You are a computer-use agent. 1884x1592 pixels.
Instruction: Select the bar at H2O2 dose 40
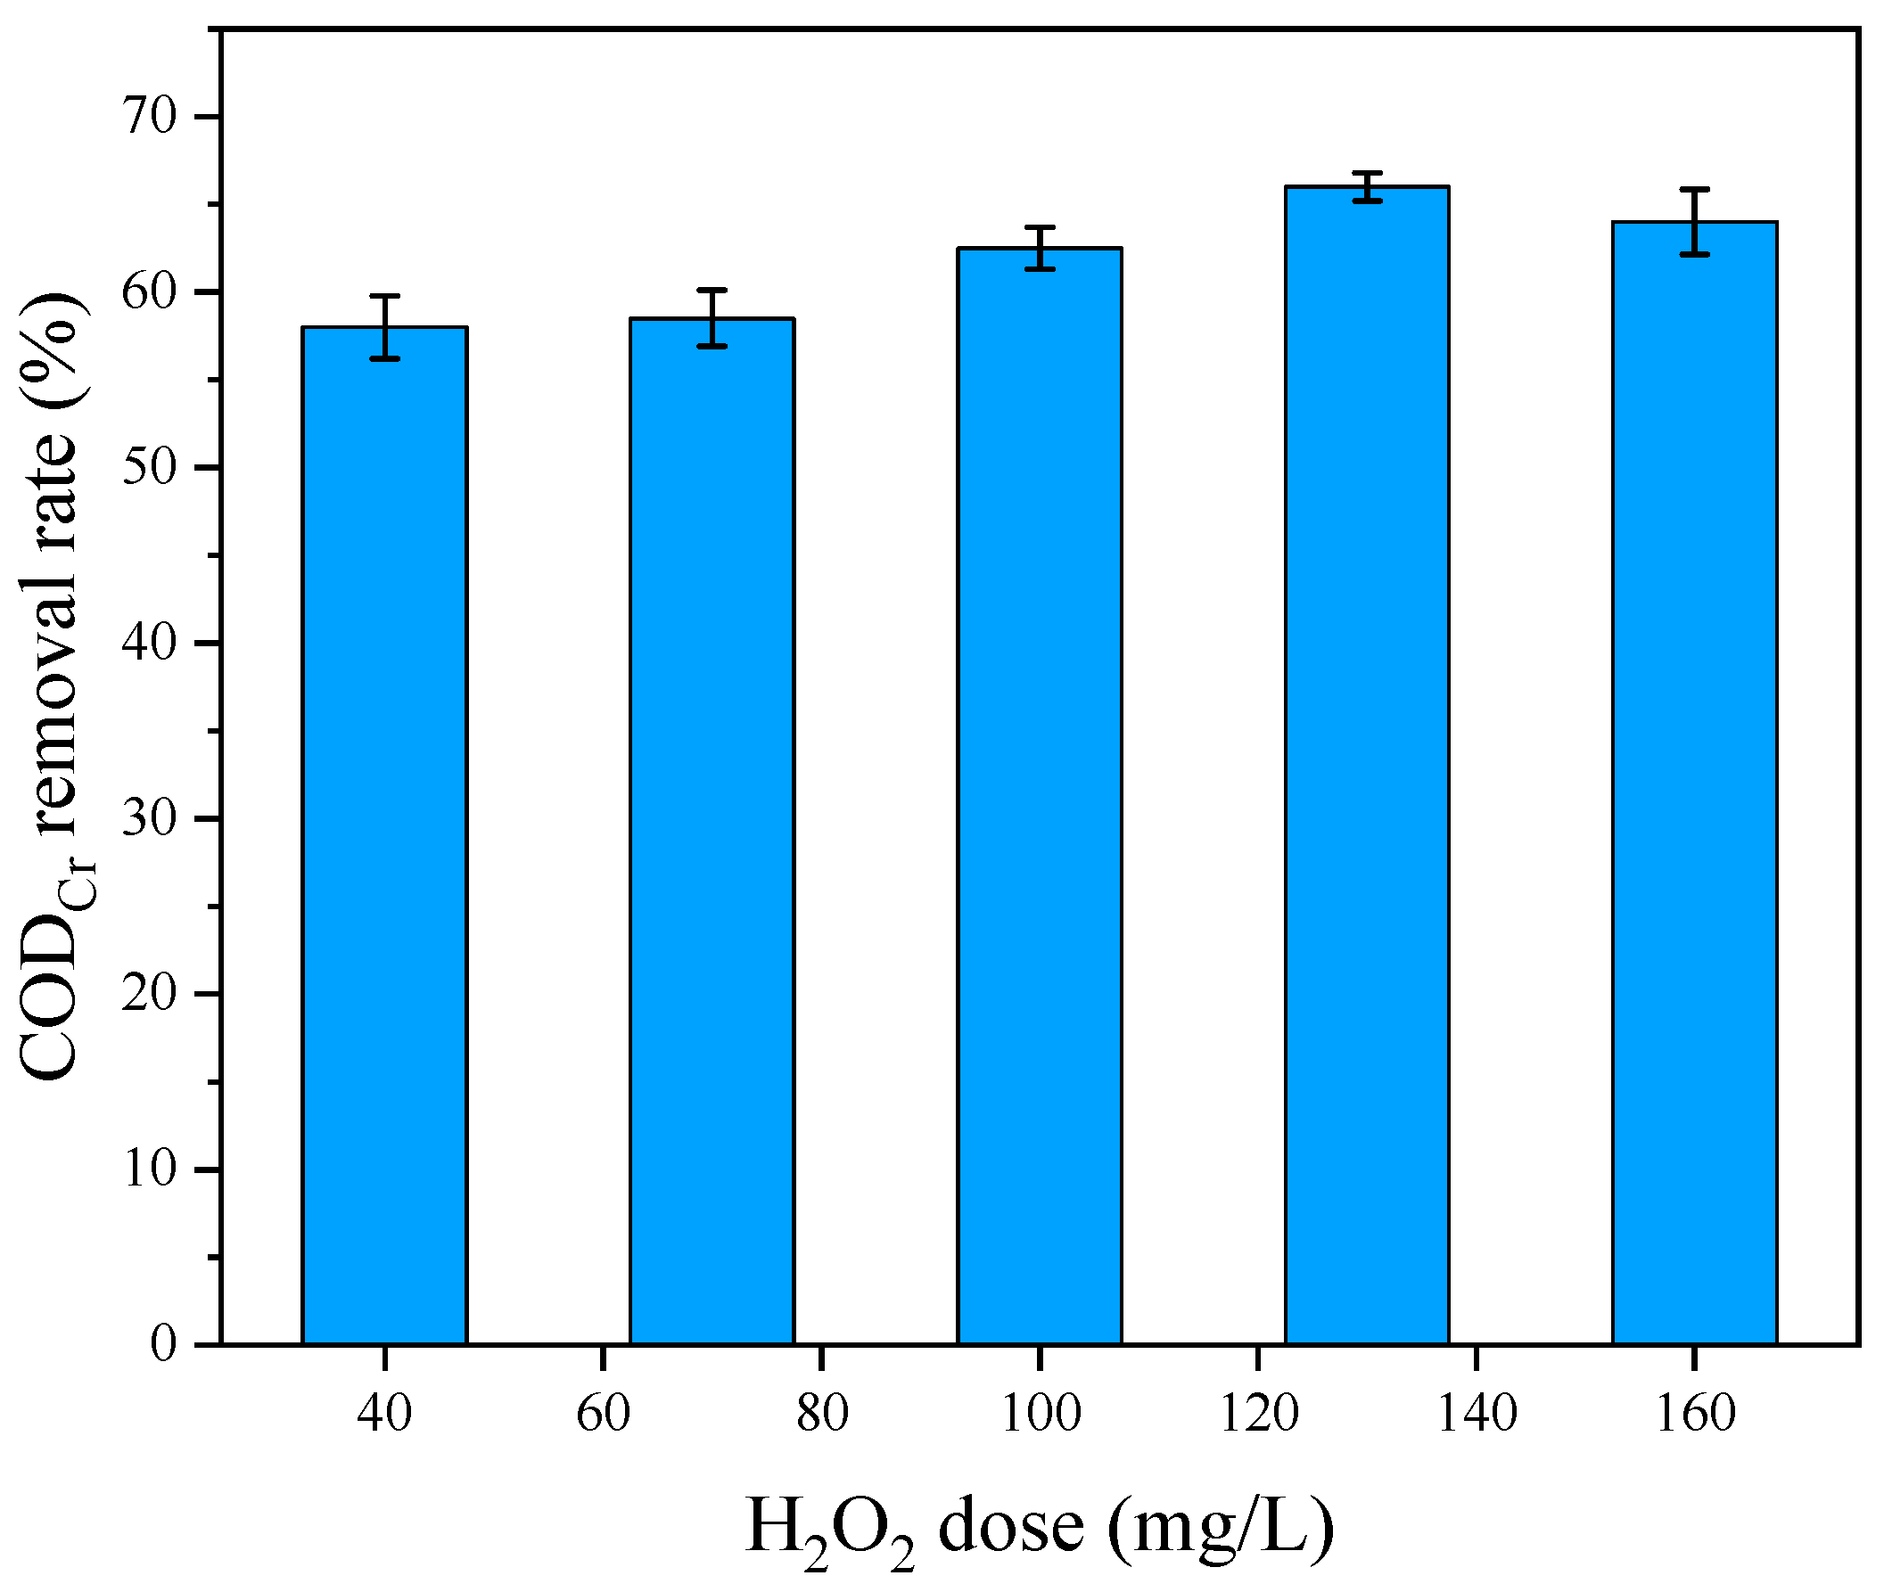point(384,835)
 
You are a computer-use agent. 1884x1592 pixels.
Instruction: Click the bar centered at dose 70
point(712,830)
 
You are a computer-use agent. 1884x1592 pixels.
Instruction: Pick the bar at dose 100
point(1040,794)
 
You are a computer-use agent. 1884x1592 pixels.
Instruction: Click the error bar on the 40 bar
point(384,328)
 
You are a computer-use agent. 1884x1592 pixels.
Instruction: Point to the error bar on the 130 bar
point(1367,187)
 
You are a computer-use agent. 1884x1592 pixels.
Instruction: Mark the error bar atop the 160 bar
point(1694,222)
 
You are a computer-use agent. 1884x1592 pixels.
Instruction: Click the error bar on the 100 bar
point(1040,248)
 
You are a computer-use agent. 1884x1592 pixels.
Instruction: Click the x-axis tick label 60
point(603,1415)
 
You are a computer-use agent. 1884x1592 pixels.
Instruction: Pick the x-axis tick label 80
point(821,1415)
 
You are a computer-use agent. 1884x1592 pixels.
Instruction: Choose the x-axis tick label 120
point(1258,1415)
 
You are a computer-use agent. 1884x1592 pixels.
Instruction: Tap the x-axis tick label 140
point(1477,1415)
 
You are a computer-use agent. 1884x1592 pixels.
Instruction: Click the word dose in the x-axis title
point(1011,1526)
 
